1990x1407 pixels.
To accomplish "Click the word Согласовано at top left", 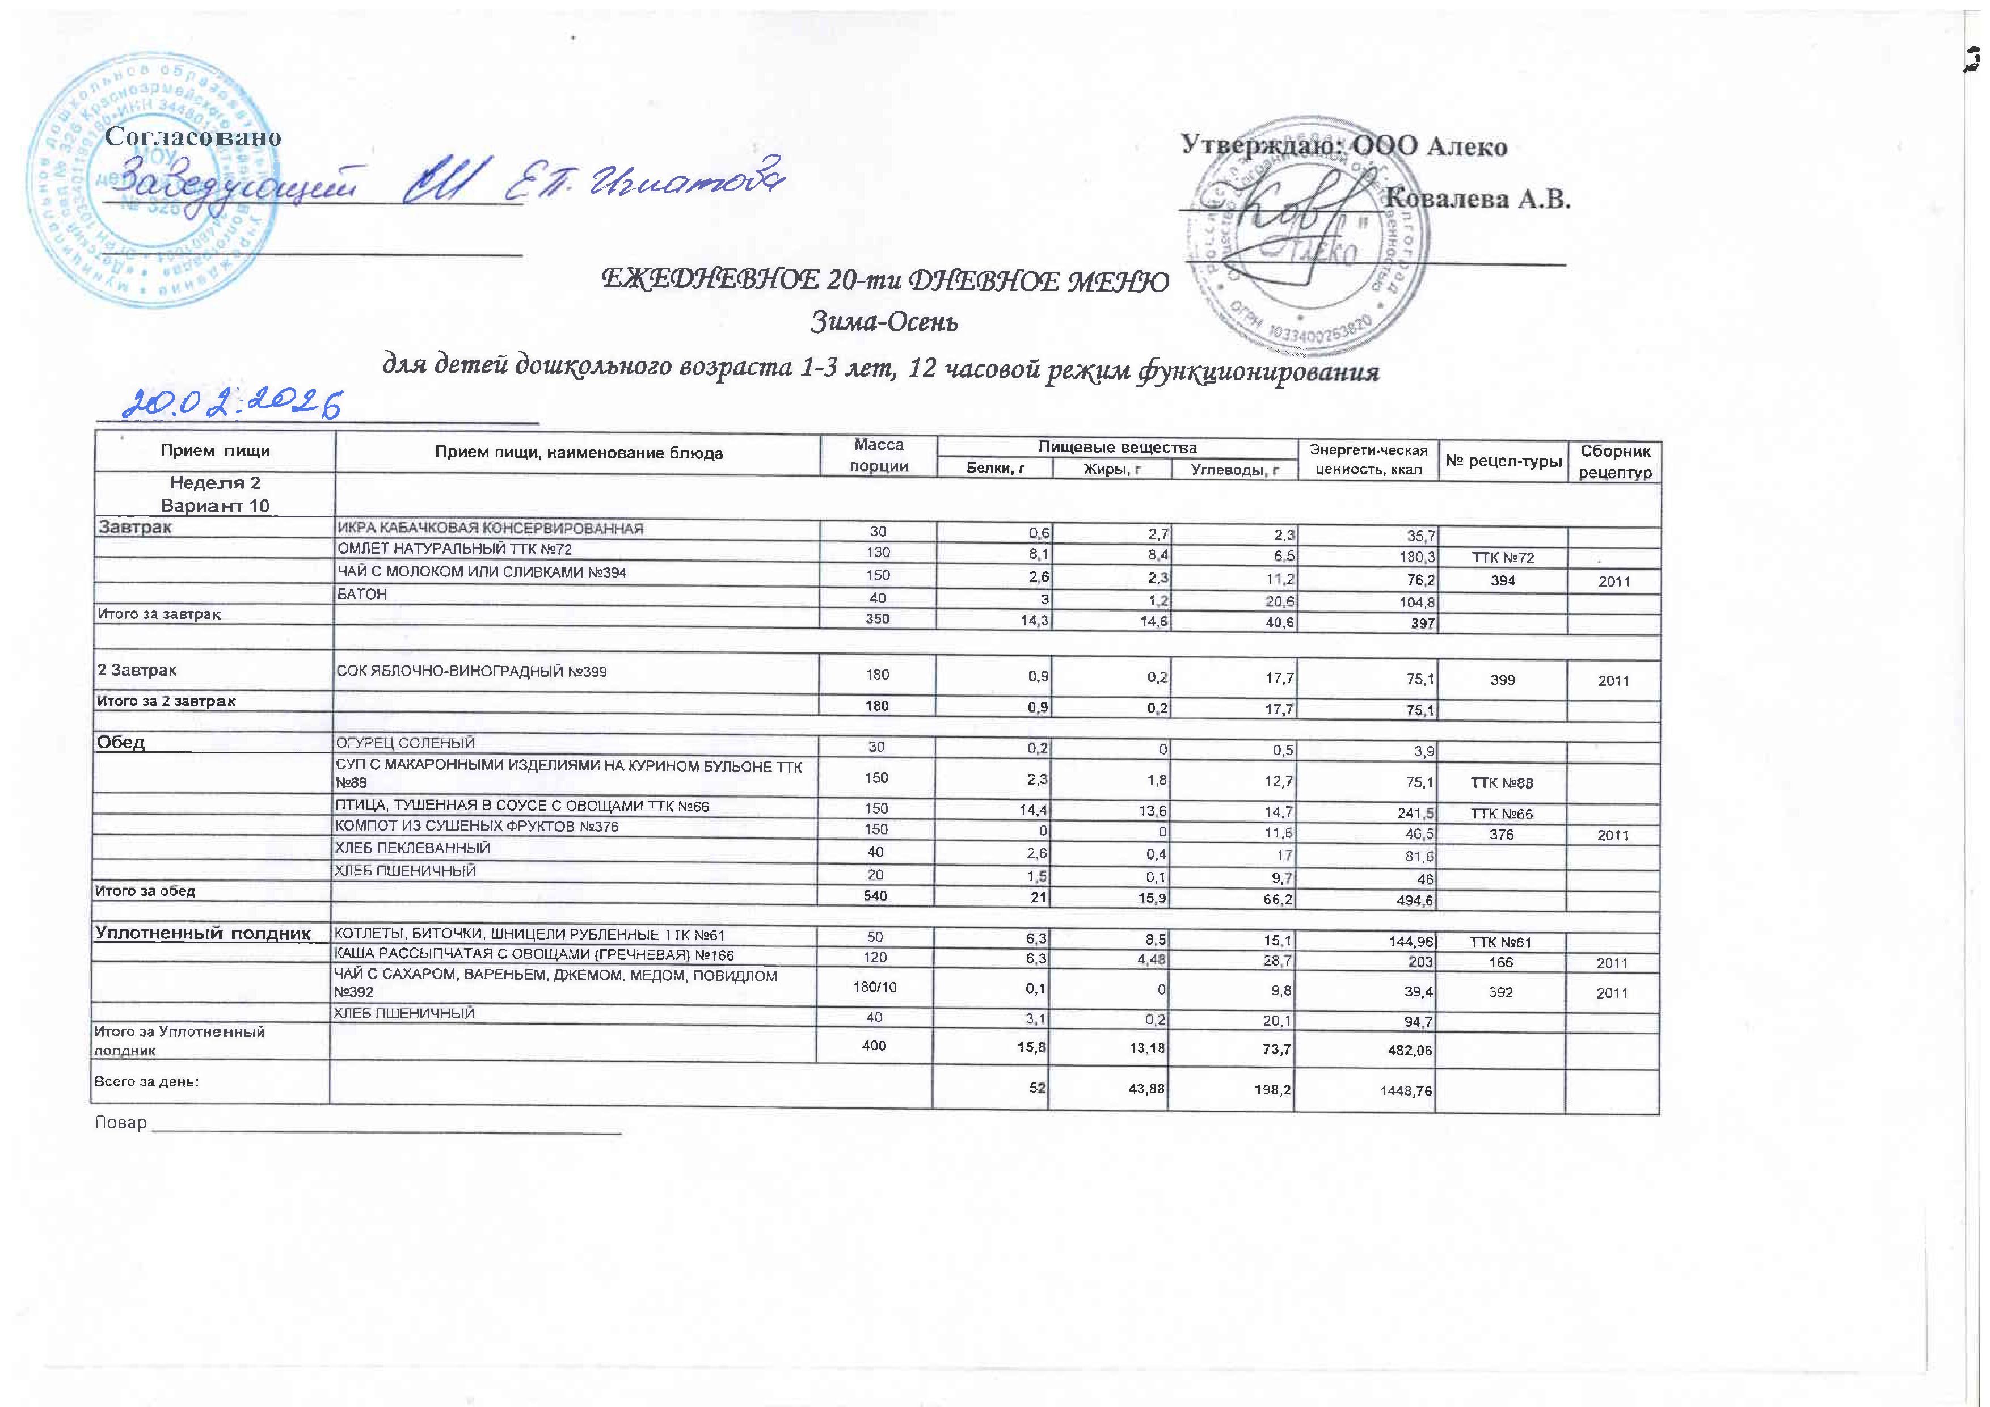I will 193,137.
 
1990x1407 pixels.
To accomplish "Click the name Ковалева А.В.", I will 1479,199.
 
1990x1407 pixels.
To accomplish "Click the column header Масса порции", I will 878,455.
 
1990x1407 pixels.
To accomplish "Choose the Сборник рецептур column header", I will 1614,462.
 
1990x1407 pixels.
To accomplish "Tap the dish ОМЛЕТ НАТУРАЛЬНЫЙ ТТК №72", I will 454,550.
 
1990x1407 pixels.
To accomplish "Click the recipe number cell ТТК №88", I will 1502,783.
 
